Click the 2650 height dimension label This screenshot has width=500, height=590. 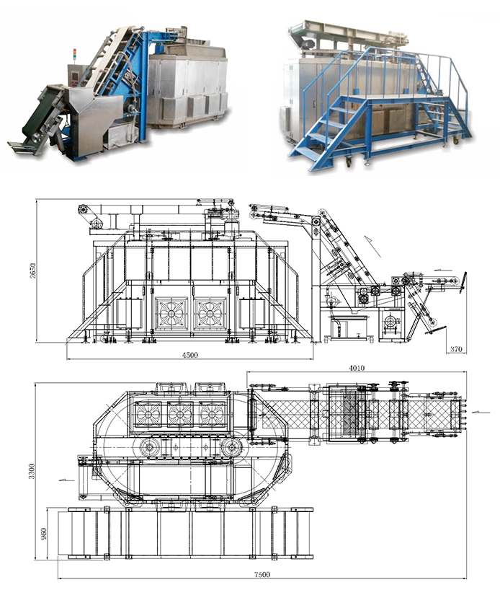coord(32,270)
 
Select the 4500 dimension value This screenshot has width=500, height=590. coord(190,355)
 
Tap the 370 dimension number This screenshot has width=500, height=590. coord(456,349)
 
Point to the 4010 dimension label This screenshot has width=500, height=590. coord(357,368)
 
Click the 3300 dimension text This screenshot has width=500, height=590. coord(32,471)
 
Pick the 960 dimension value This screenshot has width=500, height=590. coord(44,534)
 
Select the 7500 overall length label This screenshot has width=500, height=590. coord(262,575)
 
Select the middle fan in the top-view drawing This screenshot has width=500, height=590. coord(180,414)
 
